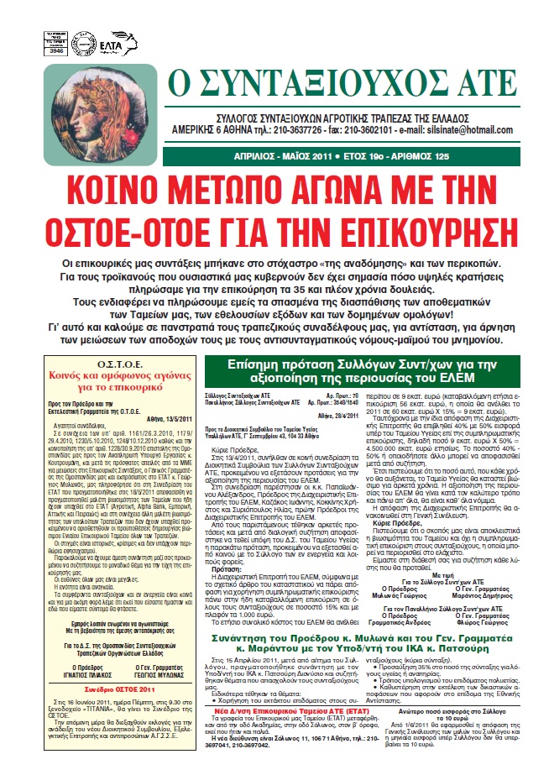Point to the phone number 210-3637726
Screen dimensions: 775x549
point(283,131)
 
